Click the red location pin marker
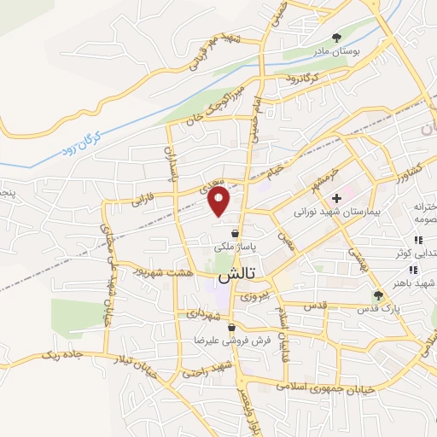[x=219, y=201]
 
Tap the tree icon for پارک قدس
[x=378, y=295]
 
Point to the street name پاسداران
[x=169, y=164]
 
